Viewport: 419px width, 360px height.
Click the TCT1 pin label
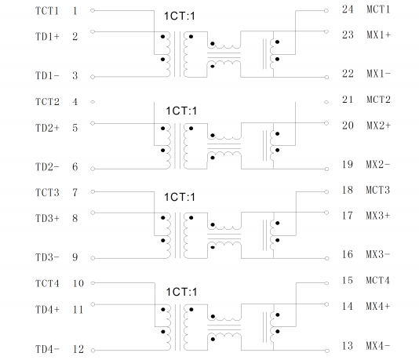(x=47, y=11)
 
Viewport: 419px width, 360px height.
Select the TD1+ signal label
(x=47, y=36)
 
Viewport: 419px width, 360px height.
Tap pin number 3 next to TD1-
(x=75, y=75)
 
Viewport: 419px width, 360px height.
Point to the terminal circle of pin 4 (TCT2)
(x=93, y=102)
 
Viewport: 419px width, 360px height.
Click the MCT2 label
(x=378, y=100)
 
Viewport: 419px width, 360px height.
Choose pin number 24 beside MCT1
(x=348, y=9)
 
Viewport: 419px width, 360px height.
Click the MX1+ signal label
(x=379, y=35)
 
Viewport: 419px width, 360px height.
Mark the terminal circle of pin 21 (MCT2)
(x=326, y=102)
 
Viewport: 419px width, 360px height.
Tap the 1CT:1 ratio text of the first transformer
(x=180, y=16)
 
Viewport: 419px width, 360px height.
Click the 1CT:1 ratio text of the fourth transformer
(x=181, y=292)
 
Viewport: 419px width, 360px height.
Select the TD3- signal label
(x=47, y=257)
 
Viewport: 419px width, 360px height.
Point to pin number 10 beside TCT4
(x=78, y=283)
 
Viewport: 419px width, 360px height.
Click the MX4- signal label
(x=378, y=346)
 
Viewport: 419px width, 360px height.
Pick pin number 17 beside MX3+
(x=348, y=216)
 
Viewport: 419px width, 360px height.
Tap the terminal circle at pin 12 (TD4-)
(x=93, y=351)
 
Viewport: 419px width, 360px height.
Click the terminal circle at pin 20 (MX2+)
(x=326, y=123)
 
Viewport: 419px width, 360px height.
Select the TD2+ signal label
(x=47, y=128)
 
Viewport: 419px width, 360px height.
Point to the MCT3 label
(x=378, y=190)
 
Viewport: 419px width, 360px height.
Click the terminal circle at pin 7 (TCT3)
(x=93, y=191)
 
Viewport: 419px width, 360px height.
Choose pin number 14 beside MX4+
(x=348, y=306)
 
